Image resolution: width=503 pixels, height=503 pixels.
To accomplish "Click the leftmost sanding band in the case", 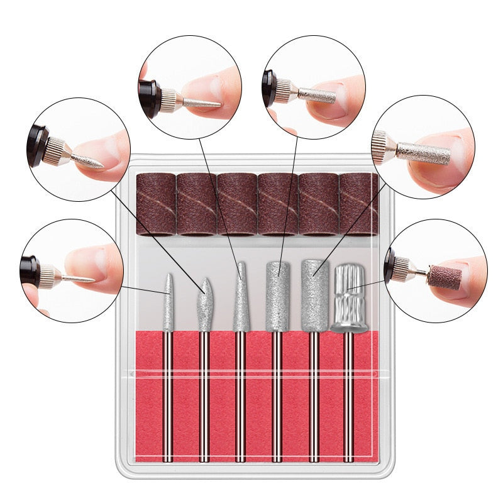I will tap(157, 203).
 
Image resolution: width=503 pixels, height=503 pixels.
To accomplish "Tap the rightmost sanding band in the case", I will tap(358, 203).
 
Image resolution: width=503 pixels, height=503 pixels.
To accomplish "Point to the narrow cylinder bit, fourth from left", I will tap(277, 296).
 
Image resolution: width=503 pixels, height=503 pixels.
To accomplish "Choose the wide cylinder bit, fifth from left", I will tap(314, 296).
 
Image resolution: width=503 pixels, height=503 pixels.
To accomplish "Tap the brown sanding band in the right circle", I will tap(445, 276).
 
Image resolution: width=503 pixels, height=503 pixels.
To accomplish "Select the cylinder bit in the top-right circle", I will tap(317, 95).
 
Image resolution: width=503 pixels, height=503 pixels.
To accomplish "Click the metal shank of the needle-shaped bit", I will tap(169, 396).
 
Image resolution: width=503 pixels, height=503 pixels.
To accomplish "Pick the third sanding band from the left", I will tap(237, 203).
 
